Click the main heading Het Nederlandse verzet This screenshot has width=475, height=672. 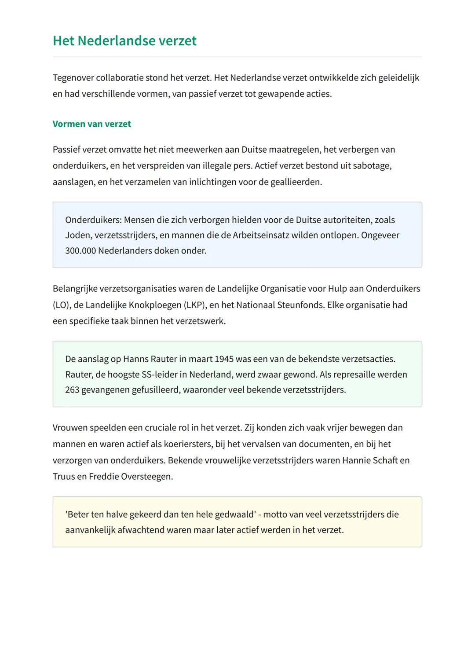[x=124, y=41]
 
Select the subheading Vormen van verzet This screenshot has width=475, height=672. [x=91, y=124]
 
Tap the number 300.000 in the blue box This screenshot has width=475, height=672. [x=80, y=251]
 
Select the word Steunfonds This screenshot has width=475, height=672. [x=300, y=305]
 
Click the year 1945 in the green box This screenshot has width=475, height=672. [x=224, y=359]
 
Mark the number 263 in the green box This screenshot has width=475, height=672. [x=72, y=390]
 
